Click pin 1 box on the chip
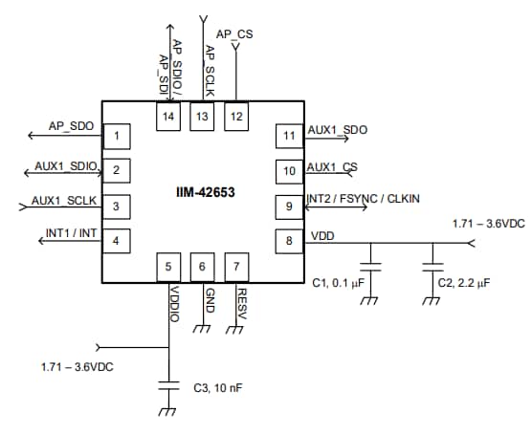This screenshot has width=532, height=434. point(117,136)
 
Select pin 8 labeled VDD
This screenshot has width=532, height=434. point(289,241)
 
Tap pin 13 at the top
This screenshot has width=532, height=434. point(202,117)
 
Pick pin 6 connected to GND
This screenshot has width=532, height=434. point(202,267)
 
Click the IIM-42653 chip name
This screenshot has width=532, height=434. point(202,191)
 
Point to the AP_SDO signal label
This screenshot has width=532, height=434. point(72,126)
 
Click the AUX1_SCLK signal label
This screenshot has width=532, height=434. point(64,200)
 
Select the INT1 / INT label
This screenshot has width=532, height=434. point(71,232)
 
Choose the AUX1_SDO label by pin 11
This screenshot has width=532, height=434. point(337,129)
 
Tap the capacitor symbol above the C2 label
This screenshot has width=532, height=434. point(432,265)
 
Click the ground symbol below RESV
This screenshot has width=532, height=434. point(235,330)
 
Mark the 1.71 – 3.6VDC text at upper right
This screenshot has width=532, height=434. point(488,224)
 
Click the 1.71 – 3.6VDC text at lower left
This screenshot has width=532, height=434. point(78,366)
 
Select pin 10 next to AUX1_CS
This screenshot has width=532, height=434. point(289,170)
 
